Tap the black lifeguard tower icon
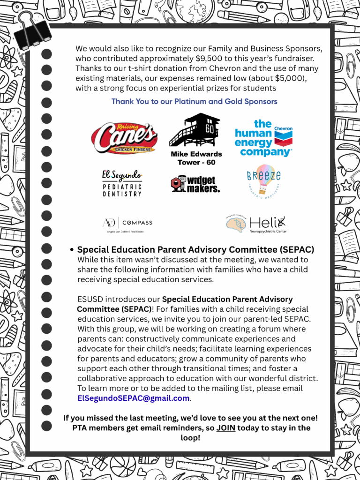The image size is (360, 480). [194, 130]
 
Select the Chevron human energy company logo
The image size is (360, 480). [263, 138]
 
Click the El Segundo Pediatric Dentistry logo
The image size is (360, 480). [122, 183]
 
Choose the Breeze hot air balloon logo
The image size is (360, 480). [263, 181]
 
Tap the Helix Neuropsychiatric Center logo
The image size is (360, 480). [256, 224]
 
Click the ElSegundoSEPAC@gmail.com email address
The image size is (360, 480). [134, 398]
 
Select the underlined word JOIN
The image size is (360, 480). [225, 428]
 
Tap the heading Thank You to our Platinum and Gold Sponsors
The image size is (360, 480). [194, 101]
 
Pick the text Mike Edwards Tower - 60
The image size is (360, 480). [196, 158]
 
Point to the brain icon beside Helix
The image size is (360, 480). [236, 224]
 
